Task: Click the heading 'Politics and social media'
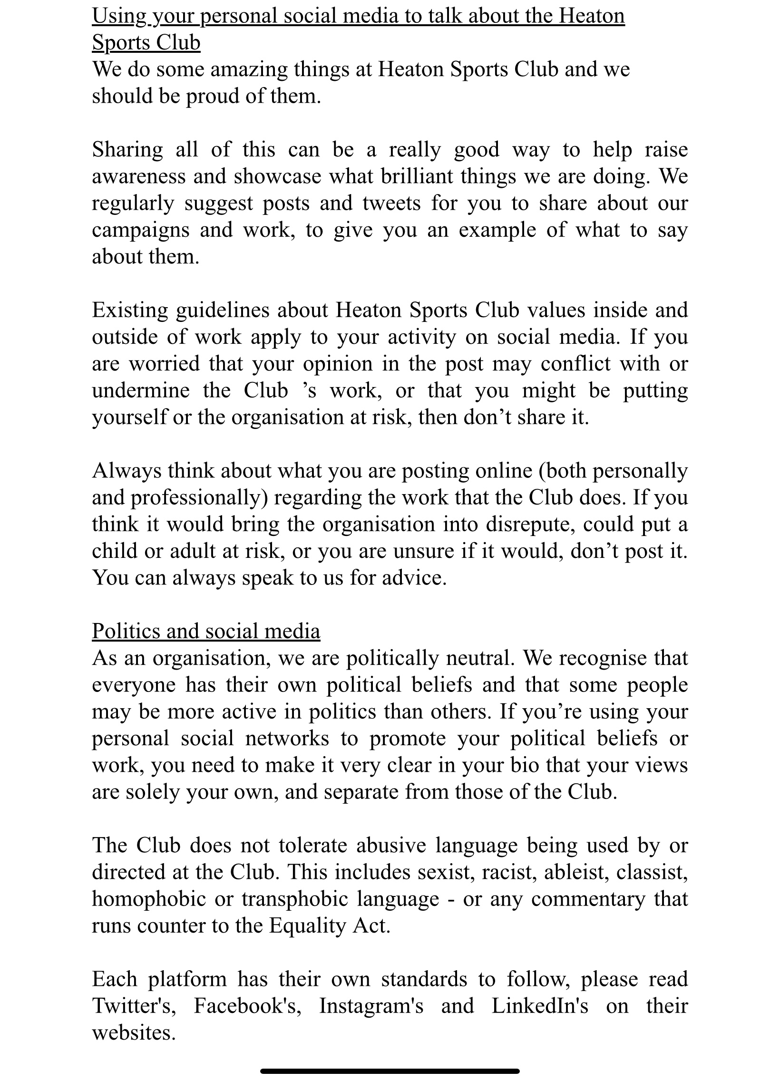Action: [206, 631]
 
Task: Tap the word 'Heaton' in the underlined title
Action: [592, 16]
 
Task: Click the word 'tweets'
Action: [391, 204]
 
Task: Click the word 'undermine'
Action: [141, 391]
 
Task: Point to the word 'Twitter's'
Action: [134, 1006]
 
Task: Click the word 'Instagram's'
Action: [371, 1006]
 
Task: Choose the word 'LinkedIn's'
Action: [540, 1006]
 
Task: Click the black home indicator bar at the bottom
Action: [390, 1071]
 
